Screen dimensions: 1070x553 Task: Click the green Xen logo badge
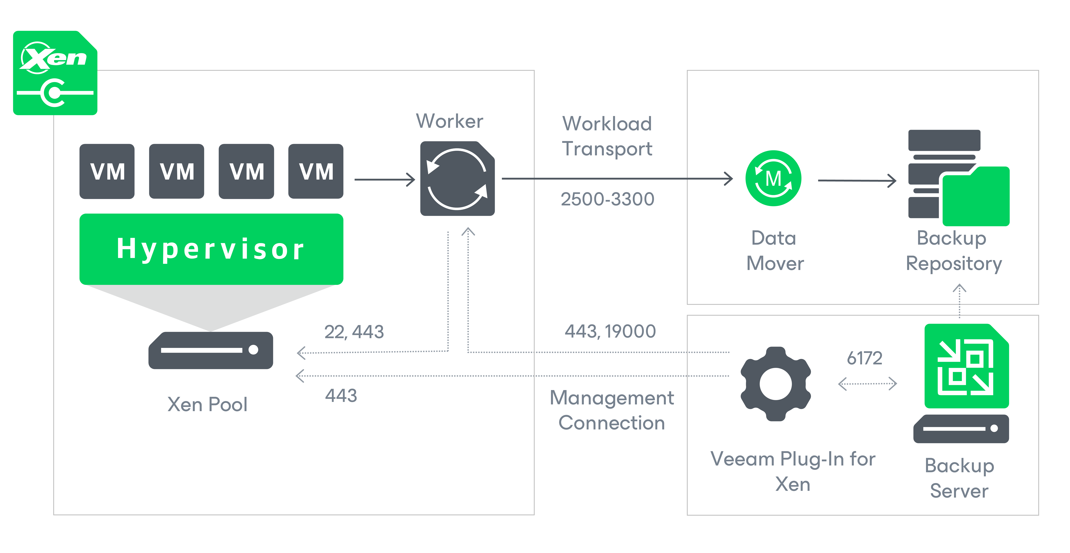coord(55,73)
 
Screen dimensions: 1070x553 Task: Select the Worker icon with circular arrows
coord(457,178)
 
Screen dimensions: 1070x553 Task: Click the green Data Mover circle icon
coord(773,178)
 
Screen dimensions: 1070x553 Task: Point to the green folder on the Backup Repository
coord(976,196)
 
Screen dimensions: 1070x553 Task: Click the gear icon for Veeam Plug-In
coord(775,384)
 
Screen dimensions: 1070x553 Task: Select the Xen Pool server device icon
coord(211,350)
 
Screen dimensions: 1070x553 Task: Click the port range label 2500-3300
coord(607,199)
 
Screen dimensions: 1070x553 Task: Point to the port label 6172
coord(864,358)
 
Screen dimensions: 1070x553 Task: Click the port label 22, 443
coord(354,332)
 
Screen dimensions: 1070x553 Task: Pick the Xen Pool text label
coord(207,404)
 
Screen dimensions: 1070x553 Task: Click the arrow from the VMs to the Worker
coord(385,180)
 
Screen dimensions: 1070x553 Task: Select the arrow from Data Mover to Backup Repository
coord(857,180)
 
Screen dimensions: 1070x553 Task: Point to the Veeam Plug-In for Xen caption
coord(793,472)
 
